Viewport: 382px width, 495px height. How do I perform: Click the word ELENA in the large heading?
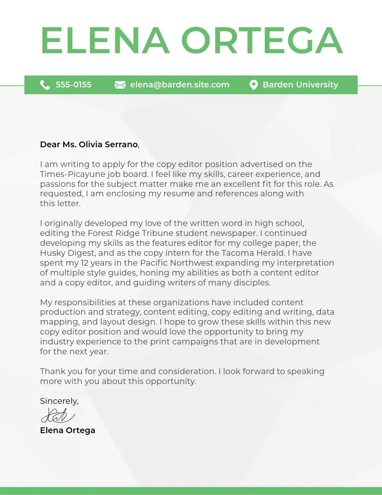[x=105, y=41]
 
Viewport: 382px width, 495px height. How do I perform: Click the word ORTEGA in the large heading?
[x=262, y=41]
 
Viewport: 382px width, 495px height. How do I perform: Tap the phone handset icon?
[x=45, y=85]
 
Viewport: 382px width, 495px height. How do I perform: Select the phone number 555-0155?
[x=73, y=85]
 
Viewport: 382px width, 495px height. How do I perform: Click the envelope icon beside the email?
[x=120, y=85]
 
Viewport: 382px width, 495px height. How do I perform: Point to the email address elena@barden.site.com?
[x=180, y=85]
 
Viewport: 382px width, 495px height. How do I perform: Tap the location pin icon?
[x=253, y=85]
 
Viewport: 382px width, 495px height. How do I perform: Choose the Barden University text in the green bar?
[x=300, y=85]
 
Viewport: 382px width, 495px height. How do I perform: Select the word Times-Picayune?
[x=67, y=174]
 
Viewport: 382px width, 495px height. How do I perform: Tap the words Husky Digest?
[x=68, y=253]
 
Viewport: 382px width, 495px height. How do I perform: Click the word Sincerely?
[x=59, y=401]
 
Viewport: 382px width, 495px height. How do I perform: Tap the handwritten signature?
[x=58, y=415]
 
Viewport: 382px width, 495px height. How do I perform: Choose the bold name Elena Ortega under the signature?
[x=68, y=430]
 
